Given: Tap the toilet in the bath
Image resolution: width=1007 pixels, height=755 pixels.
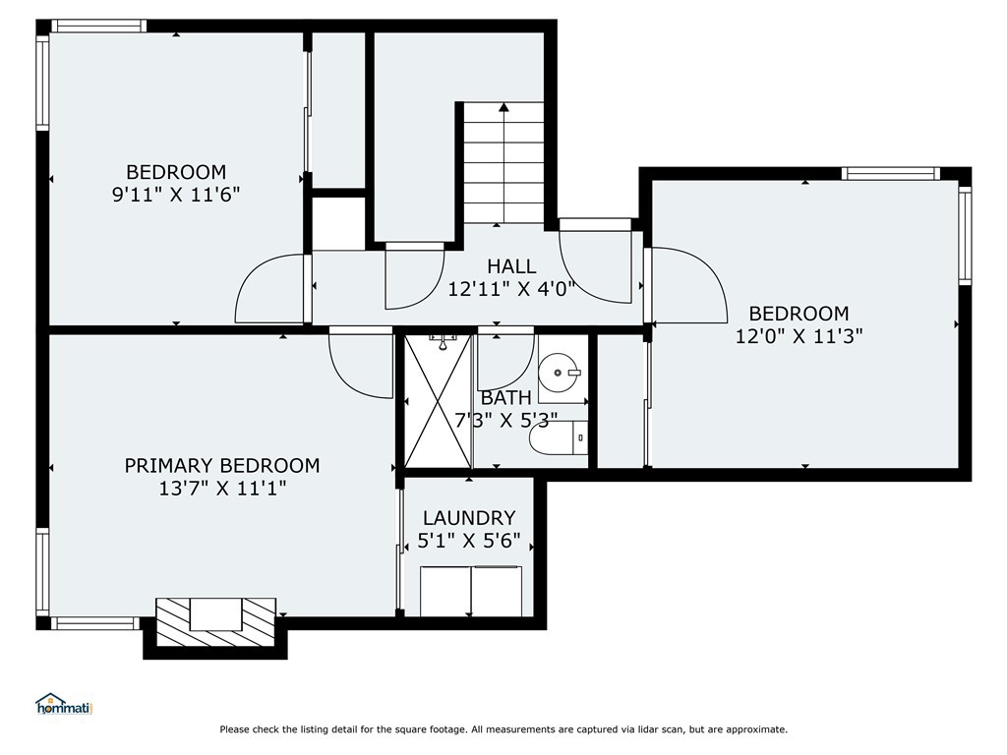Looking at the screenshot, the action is point(559,437).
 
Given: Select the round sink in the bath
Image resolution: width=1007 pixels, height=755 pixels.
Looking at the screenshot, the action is point(559,373).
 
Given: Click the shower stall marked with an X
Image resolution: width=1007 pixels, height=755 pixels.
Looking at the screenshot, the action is point(438,401).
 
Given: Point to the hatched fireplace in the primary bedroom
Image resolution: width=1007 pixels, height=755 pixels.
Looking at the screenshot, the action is point(215,621).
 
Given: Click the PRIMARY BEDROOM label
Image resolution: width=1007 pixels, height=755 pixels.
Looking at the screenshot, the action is point(222,465).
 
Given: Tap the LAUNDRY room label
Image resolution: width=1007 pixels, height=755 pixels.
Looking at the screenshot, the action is point(469,517).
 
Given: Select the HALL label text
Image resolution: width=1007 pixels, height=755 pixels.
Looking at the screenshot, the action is point(511,265).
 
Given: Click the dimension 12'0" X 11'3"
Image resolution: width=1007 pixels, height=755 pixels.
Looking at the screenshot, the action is point(799,336).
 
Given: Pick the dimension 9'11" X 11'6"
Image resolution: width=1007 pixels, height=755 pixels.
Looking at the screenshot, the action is point(176,194).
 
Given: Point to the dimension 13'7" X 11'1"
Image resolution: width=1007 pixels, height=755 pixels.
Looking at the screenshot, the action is point(222,489).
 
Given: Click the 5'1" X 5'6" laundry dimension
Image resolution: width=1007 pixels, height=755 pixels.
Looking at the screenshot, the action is point(469,541).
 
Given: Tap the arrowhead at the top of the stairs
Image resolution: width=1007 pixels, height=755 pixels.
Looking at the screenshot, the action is point(503,107).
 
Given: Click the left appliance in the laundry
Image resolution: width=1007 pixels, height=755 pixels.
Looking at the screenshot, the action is point(445,591).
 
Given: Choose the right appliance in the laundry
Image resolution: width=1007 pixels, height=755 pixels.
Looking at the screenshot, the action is point(497,591).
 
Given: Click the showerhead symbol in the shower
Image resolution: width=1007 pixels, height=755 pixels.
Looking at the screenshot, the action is point(443,341).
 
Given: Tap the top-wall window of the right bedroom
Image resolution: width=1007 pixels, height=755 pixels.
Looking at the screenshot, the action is point(891,173).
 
